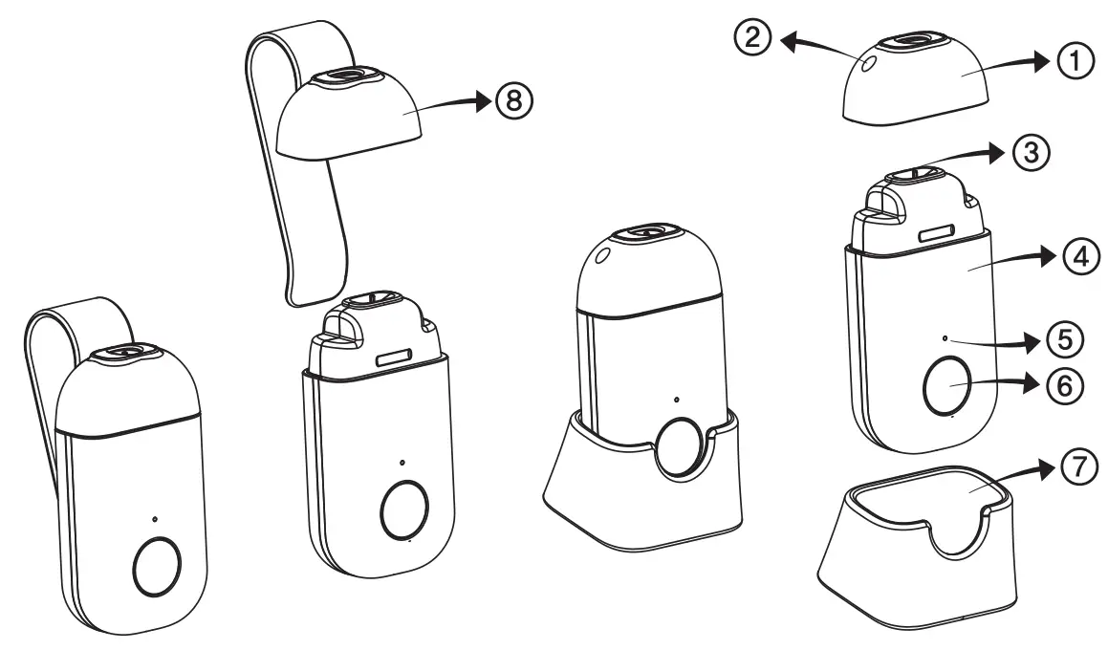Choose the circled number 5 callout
1063,337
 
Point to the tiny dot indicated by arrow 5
945,338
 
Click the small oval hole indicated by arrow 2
867,63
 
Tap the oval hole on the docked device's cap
602,255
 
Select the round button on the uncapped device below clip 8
404,509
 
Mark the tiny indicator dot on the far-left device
154,520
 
